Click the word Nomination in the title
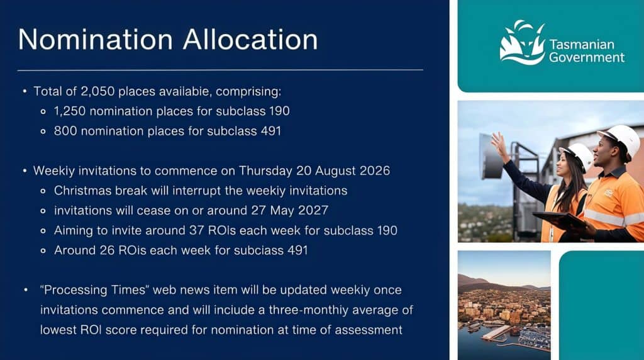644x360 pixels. tap(96, 40)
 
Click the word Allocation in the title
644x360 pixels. tap(250, 40)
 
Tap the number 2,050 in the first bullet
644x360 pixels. tap(97, 91)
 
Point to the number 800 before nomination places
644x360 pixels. tap(65, 131)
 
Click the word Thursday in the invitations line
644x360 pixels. tap(265, 171)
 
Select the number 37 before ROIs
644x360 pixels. tap(197, 230)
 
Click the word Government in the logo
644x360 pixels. tap(587, 57)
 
